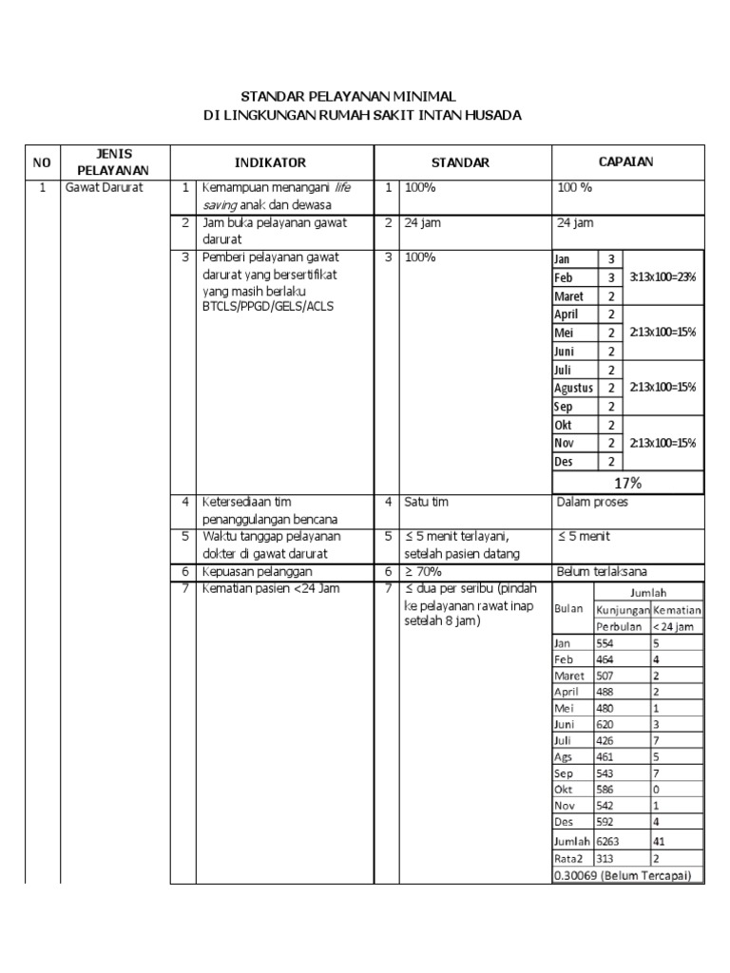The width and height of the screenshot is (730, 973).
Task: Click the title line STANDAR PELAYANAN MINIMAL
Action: tap(348, 97)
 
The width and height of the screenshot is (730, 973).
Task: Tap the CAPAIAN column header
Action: tap(625, 162)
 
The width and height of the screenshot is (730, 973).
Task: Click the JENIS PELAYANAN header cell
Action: tap(114, 162)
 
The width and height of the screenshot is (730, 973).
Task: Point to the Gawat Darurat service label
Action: tap(104, 188)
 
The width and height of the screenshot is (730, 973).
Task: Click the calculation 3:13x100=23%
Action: tap(663, 277)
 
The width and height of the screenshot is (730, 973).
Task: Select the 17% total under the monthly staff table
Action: tap(628, 483)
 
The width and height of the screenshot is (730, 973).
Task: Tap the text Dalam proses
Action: tap(592, 502)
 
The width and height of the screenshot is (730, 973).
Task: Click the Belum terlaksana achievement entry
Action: tap(603, 572)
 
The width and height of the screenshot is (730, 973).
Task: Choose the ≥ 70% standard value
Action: tap(423, 572)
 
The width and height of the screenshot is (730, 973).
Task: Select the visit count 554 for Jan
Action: tap(605, 643)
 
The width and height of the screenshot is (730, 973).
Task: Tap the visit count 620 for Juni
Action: tap(605, 723)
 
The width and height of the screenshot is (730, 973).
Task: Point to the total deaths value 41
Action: tap(660, 841)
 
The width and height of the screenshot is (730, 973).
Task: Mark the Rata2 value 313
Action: tap(605, 859)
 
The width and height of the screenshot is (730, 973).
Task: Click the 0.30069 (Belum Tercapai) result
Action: tap(622, 875)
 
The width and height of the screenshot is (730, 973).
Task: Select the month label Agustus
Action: tap(573, 388)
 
